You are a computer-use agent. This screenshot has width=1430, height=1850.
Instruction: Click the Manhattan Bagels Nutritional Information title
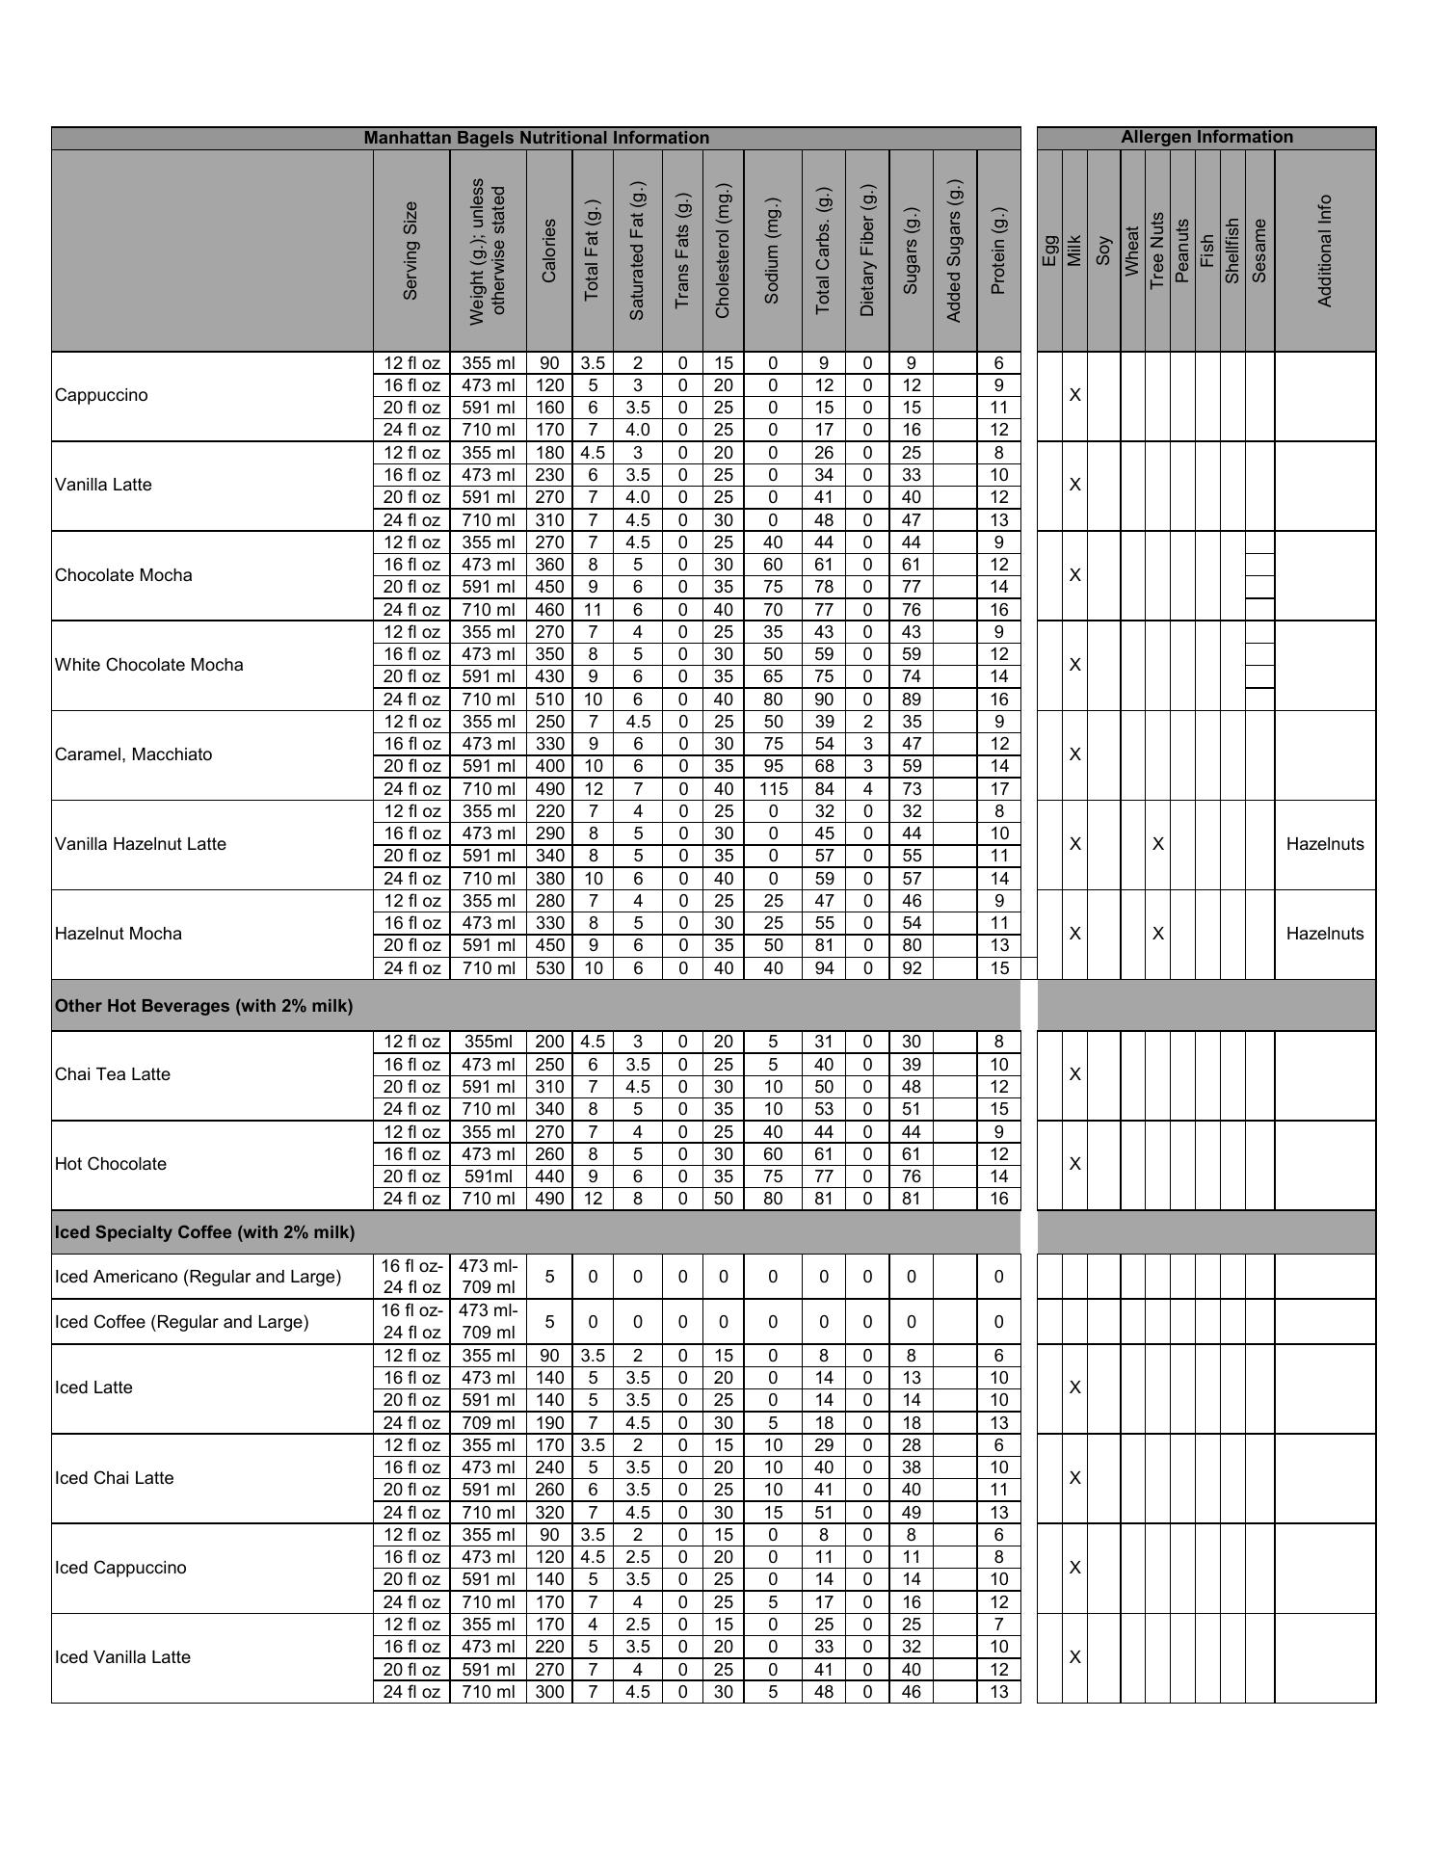pos(536,138)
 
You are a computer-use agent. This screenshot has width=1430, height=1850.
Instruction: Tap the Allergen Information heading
pos(1206,137)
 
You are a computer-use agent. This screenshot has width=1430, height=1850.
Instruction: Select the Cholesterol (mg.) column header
pos(723,251)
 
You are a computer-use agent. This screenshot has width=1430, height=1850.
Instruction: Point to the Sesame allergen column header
pos(1259,251)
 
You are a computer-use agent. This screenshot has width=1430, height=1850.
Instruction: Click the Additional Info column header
pos(1325,251)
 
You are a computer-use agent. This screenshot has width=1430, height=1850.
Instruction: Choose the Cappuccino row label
pos(101,395)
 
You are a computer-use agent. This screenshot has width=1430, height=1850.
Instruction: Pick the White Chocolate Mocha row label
pos(149,665)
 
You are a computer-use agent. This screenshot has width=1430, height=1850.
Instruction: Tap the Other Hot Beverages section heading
pos(203,1006)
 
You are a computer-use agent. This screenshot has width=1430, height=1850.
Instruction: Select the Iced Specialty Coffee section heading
pos(204,1232)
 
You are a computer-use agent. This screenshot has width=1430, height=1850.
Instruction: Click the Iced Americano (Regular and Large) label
pos(198,1277)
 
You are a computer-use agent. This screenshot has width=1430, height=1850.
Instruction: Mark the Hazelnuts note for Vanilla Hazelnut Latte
pos(1325,844)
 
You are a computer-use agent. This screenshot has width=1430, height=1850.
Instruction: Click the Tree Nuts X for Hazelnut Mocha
pos(1158,934)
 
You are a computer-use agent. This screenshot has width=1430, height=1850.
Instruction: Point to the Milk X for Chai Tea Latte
pos(1075,1074)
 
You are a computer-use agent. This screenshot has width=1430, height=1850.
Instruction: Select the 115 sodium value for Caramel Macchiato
pos(773,789)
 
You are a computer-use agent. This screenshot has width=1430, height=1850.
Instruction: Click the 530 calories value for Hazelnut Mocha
pos(549,968)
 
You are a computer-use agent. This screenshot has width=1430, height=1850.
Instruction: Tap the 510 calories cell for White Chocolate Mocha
pos(549,700)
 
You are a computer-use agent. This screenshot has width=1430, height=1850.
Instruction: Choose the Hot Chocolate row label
pos(111,1164)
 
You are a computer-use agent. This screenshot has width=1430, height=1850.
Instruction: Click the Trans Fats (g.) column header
pos(682,251)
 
